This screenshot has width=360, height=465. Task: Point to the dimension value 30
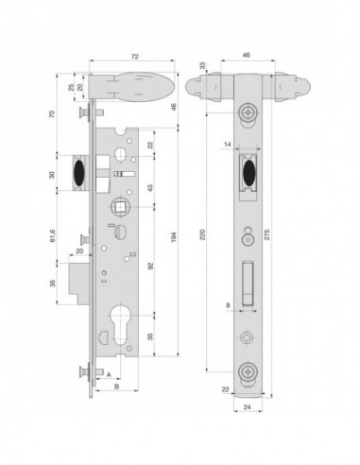tap(55, 173)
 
